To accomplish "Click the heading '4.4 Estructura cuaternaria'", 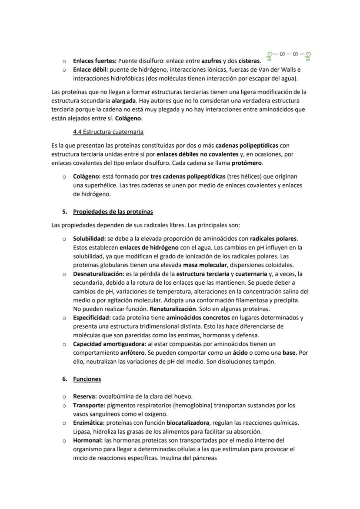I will point(108,131).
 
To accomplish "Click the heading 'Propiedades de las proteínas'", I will point(113,212).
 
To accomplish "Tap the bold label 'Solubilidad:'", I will point(90,239).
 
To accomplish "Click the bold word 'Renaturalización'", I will point(173,309).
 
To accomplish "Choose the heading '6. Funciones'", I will point(87,379).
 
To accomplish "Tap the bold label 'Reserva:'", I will point(85,396).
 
